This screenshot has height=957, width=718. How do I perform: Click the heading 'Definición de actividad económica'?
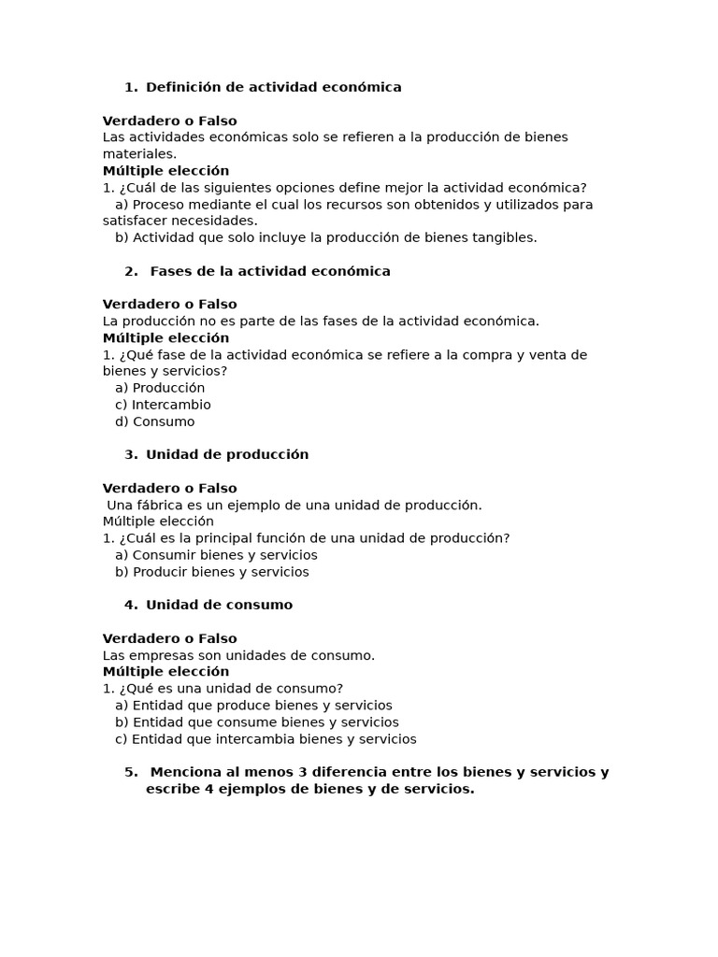point(273,87)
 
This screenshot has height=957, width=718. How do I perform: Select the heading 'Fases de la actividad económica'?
point(270,271)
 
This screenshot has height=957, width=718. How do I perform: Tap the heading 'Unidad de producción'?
point(227,454)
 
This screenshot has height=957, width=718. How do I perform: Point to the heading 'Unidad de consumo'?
point(219,605)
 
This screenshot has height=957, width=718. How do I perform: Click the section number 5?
point(130,772)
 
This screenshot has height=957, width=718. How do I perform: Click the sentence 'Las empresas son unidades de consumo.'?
point(238,655)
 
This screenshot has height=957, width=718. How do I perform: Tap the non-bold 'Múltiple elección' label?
point(158,521)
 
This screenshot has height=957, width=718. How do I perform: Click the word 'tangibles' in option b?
point(505,237)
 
